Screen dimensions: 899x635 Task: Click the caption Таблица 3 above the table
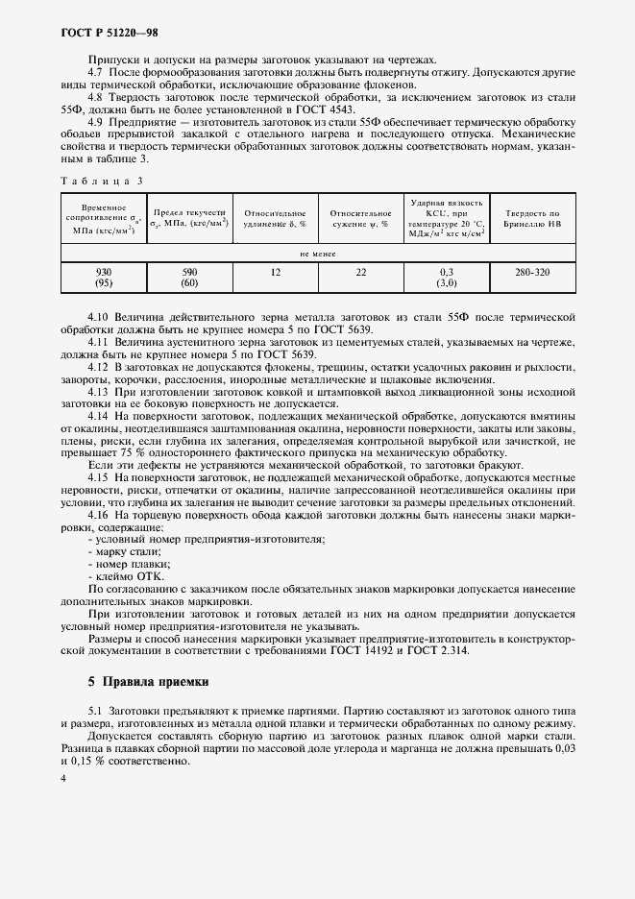click(103, 180)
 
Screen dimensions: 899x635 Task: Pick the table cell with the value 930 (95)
click(104, 278)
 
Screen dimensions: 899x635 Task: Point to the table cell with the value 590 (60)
click(189, 278)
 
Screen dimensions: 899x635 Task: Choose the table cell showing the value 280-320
click(531, 272)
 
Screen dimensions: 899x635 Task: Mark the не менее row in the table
click(317, 255)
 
